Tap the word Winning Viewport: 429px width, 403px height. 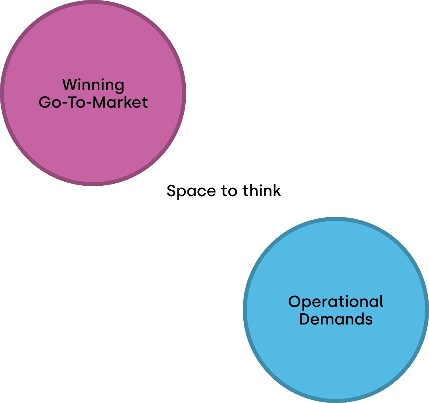pyautogui.click(x=93, y=85)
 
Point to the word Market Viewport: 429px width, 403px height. pyautogui.click(x=121, y=102)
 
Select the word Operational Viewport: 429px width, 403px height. pyautogui.click(x=336, y=302)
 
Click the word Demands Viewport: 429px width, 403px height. pyautogui.click(x=336, y=319)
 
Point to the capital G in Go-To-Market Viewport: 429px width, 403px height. pyautogui.click(x=44, y=102)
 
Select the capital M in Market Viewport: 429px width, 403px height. pyautogui.click(x=100, y=102)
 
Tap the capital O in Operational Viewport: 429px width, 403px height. pyautogui.click(x=294, y=302)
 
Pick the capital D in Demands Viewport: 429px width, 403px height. pyautogui.click(x=304, y=319)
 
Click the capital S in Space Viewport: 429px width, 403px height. pyautogui.click(x=171, y=191)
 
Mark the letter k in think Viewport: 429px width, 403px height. pyautogui.click(x=277, y=191)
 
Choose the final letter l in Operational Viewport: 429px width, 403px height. pyautogui.click(x=382, y=301)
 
